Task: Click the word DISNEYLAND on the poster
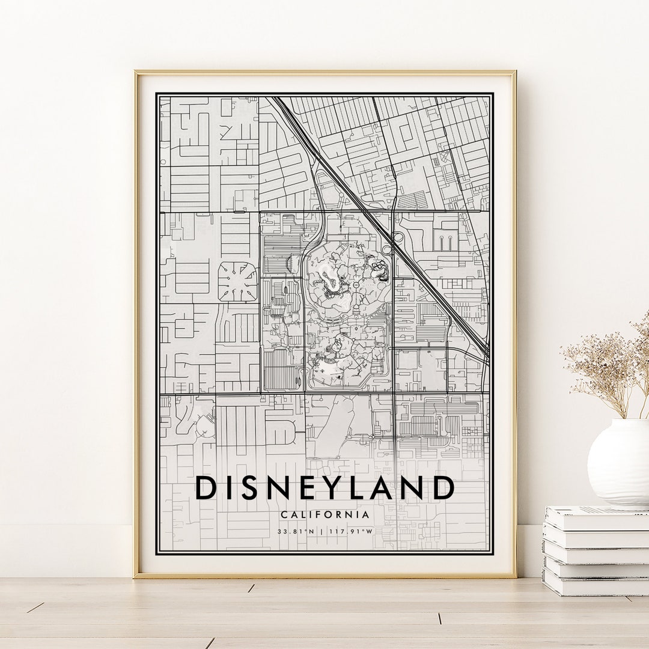click(x=324, y=488)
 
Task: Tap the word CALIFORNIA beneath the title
click(x=324, y=515)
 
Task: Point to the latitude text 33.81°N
click(x=296, y=532)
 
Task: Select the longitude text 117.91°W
click(x=352, y=532)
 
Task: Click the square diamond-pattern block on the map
click(x=237, y=281)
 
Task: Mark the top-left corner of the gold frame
click(x=136, y=73)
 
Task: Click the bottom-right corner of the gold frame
click(x=515, y=576)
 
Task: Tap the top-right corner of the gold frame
click(x=515, y=73)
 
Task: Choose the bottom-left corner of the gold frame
click(x=136, y=576)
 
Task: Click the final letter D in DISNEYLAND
click(x=443, y=488)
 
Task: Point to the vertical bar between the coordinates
click(x=323, y=532)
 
